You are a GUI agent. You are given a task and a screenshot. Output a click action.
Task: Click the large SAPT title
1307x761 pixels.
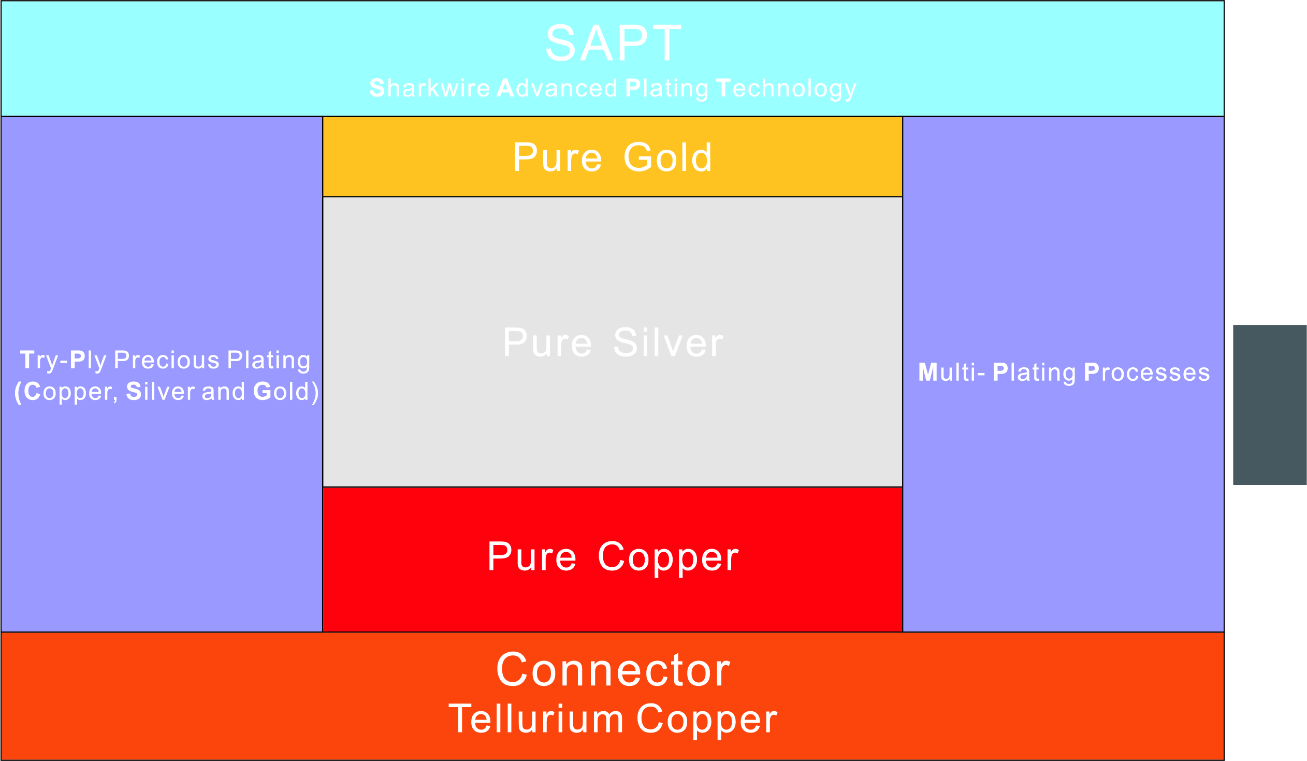pos(613,43)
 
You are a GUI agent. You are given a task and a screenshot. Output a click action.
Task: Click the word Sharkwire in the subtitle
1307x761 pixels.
pos(429,88)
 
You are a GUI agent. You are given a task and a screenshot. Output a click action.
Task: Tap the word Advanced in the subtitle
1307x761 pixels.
pos(557,88)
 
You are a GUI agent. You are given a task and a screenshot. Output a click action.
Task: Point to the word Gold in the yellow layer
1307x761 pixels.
pos(667,157)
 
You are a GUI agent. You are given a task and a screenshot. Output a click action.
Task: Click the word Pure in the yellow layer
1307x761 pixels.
pos(558,157)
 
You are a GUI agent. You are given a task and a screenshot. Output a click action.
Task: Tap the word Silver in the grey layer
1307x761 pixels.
pos(668,342)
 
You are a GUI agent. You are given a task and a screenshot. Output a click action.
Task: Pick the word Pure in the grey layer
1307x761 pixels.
pos(548,342)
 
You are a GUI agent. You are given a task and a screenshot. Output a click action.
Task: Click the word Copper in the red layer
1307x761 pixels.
pos(668,557)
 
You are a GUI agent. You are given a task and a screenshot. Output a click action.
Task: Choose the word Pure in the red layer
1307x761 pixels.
pos(532,556)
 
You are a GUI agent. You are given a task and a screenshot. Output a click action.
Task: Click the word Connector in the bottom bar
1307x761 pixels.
pos(613,670)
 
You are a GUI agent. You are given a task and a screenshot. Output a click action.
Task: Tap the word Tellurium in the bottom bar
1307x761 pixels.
pos(536,719)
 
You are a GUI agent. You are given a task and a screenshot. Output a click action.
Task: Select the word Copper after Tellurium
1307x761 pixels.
pos(706,720)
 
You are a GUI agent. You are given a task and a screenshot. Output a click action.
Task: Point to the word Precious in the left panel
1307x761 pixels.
pos(167,360)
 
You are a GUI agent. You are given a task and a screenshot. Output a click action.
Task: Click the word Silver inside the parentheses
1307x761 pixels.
pos(160,391)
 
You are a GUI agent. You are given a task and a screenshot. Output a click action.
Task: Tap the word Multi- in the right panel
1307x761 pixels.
pos(951,372)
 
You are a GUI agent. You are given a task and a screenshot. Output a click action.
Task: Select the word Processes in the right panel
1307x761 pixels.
pos(1147,372)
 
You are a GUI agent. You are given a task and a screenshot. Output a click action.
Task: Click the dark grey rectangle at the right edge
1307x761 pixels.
pos(1269,405)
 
